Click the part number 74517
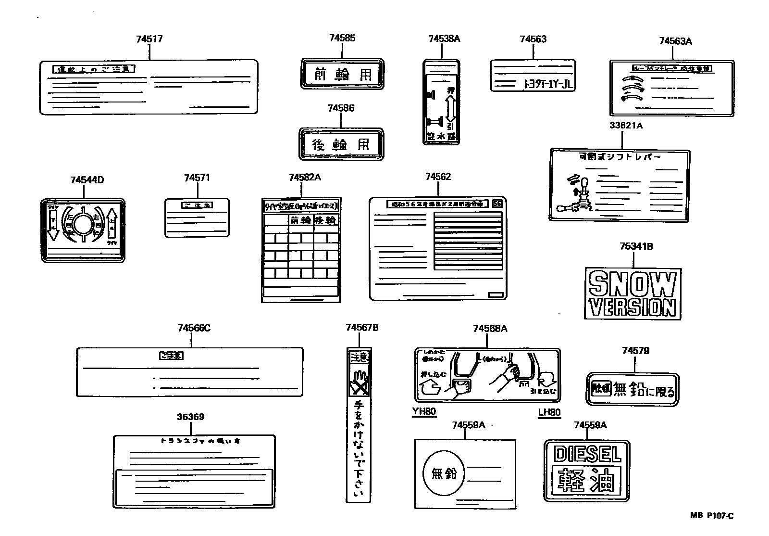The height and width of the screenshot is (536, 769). coord(149,39)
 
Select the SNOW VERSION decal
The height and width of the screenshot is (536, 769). coord(633,294)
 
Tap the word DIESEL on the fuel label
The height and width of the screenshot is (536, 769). coord(587,454)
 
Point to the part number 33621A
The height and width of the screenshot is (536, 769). coord(626,126)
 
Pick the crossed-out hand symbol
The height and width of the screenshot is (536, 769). coord(359,383)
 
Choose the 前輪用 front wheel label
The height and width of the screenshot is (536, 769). coord(342,74)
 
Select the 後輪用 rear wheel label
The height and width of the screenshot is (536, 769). coord(341,144)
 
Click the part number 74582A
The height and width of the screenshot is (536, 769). coord(305,178)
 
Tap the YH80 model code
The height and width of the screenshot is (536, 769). coord(423,412)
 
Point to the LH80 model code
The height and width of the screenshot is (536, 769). coord(549,412)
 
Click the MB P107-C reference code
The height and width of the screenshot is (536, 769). coord(712,516)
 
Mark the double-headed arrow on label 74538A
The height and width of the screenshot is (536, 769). coord(450,108)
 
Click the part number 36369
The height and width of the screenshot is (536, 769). coord(190,417)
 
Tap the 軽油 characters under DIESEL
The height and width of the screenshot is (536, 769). coord(586,480)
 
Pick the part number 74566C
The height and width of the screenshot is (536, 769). coord(194,329)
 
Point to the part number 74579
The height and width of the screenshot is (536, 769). coord(635,351)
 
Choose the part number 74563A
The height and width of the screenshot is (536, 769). coord(675,41)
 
